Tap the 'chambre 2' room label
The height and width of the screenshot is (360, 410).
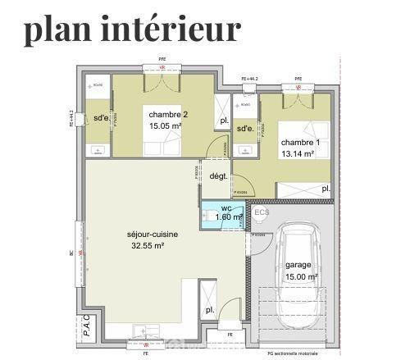click(x=169, y=115)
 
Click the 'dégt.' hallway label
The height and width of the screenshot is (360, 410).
click(x=218, y=176)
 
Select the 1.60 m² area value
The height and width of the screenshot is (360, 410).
click(x=230, y=218)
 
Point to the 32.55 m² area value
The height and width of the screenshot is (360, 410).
click(x=148, y=245)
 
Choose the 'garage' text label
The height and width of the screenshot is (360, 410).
click(x=298, y=266)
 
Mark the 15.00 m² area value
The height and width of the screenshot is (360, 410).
click(x=301, y=277)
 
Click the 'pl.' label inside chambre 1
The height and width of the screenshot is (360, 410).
click(x=326, y=189)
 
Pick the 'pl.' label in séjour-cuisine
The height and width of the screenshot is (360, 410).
click(x=209, y=309)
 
